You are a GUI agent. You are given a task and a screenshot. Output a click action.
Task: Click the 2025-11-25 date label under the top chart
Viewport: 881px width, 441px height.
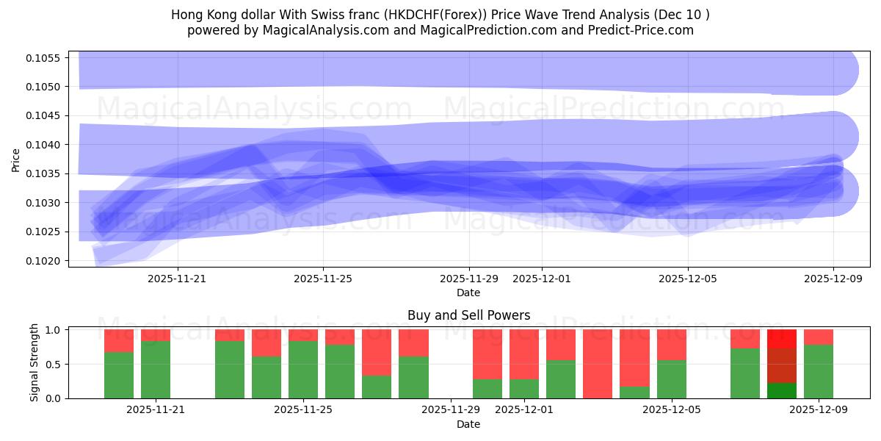(323, 279)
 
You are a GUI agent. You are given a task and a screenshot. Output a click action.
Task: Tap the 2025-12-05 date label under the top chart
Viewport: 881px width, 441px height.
(688, 279)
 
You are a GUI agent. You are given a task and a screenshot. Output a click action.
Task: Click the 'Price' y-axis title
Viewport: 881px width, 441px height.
(16, 159)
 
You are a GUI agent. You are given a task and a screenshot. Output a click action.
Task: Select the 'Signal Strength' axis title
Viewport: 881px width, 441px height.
(35, 362)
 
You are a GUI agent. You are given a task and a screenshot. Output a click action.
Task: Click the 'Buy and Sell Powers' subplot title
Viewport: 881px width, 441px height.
(468, 315)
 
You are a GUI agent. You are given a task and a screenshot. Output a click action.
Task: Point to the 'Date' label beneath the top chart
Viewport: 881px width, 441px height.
(468, 293)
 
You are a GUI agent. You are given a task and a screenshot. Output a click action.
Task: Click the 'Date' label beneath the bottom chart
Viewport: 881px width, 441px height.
(468, 424)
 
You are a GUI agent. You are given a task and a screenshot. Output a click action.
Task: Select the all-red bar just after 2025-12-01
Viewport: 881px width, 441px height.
(598, 364)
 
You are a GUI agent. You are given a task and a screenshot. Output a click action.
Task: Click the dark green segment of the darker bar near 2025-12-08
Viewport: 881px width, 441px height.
(782, 390)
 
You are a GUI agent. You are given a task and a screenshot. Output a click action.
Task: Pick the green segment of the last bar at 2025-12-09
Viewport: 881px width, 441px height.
(819, 371)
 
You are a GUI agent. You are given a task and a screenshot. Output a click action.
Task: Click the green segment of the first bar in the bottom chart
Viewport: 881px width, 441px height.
(119, 375)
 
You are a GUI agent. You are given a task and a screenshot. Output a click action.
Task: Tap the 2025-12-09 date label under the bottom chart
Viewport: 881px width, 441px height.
(819, 410)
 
